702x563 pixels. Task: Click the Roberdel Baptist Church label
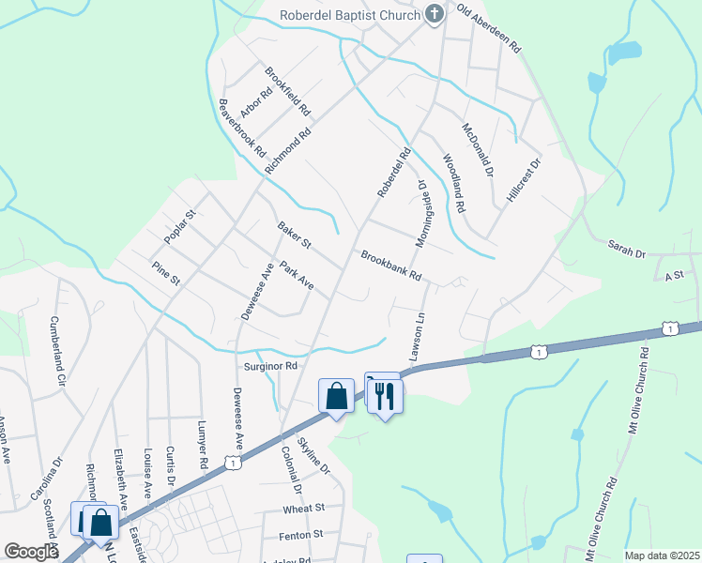(351, 14)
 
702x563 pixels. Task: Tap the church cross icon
(434, 14)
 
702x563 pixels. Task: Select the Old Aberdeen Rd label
(488, 29)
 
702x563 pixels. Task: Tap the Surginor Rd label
(270, 366)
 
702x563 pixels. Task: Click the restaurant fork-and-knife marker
(386, 397)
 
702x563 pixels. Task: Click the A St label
(673, 276)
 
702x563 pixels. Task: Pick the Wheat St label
(306, 508)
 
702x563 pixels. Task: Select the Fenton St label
(300, 534)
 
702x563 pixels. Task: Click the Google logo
(31, 552)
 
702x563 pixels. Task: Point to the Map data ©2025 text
(661, 555)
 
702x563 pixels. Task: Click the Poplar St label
(178, 227)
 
